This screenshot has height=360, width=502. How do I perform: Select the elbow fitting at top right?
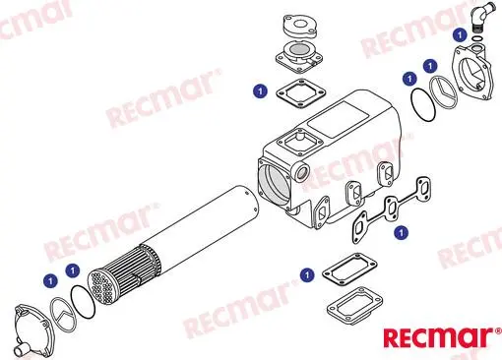tap(483, 16)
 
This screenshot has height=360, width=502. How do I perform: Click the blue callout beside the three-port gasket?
tap(401, 233)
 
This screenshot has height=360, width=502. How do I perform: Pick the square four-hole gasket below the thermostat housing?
tap(300, 93)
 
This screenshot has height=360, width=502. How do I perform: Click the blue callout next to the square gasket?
tap(261, 90)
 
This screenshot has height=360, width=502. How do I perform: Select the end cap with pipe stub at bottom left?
tap(31, 331)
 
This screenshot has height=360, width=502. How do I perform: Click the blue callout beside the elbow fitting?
tap(460, 34)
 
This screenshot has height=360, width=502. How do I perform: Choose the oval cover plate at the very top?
tap(300, 27)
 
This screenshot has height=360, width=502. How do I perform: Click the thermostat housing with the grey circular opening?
tap(299, 57)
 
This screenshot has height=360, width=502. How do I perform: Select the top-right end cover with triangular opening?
tap(472, 72)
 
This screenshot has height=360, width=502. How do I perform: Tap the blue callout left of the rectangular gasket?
tap(307, 274)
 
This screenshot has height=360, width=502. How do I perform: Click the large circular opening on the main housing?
tap(275, 183)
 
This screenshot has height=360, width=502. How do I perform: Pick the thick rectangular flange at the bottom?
tap(355, 307)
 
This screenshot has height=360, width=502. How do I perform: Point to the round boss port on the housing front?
tap(302, 171)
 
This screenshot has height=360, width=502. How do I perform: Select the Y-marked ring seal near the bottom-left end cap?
tap(63, 315)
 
